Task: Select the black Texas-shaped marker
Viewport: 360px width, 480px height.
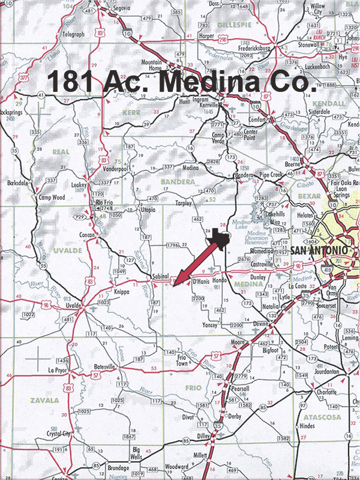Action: (x=221, y=238)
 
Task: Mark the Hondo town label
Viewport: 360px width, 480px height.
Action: (x=220, y=280)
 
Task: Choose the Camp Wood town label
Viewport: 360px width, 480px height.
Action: (x=51, y=197)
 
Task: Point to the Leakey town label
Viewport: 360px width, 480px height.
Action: (x=79, y=185)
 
